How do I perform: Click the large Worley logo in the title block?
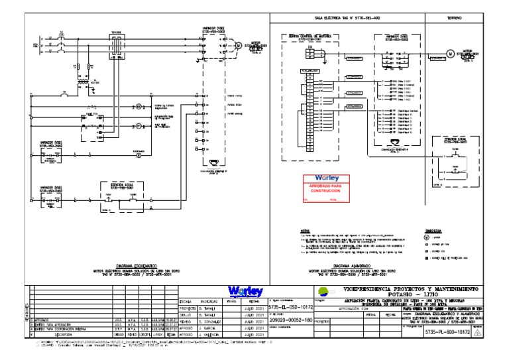click(x=245, y=292)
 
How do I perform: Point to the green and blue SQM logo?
click(x=322, y=291)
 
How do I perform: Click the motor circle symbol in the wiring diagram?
click(x=449, y=54)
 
